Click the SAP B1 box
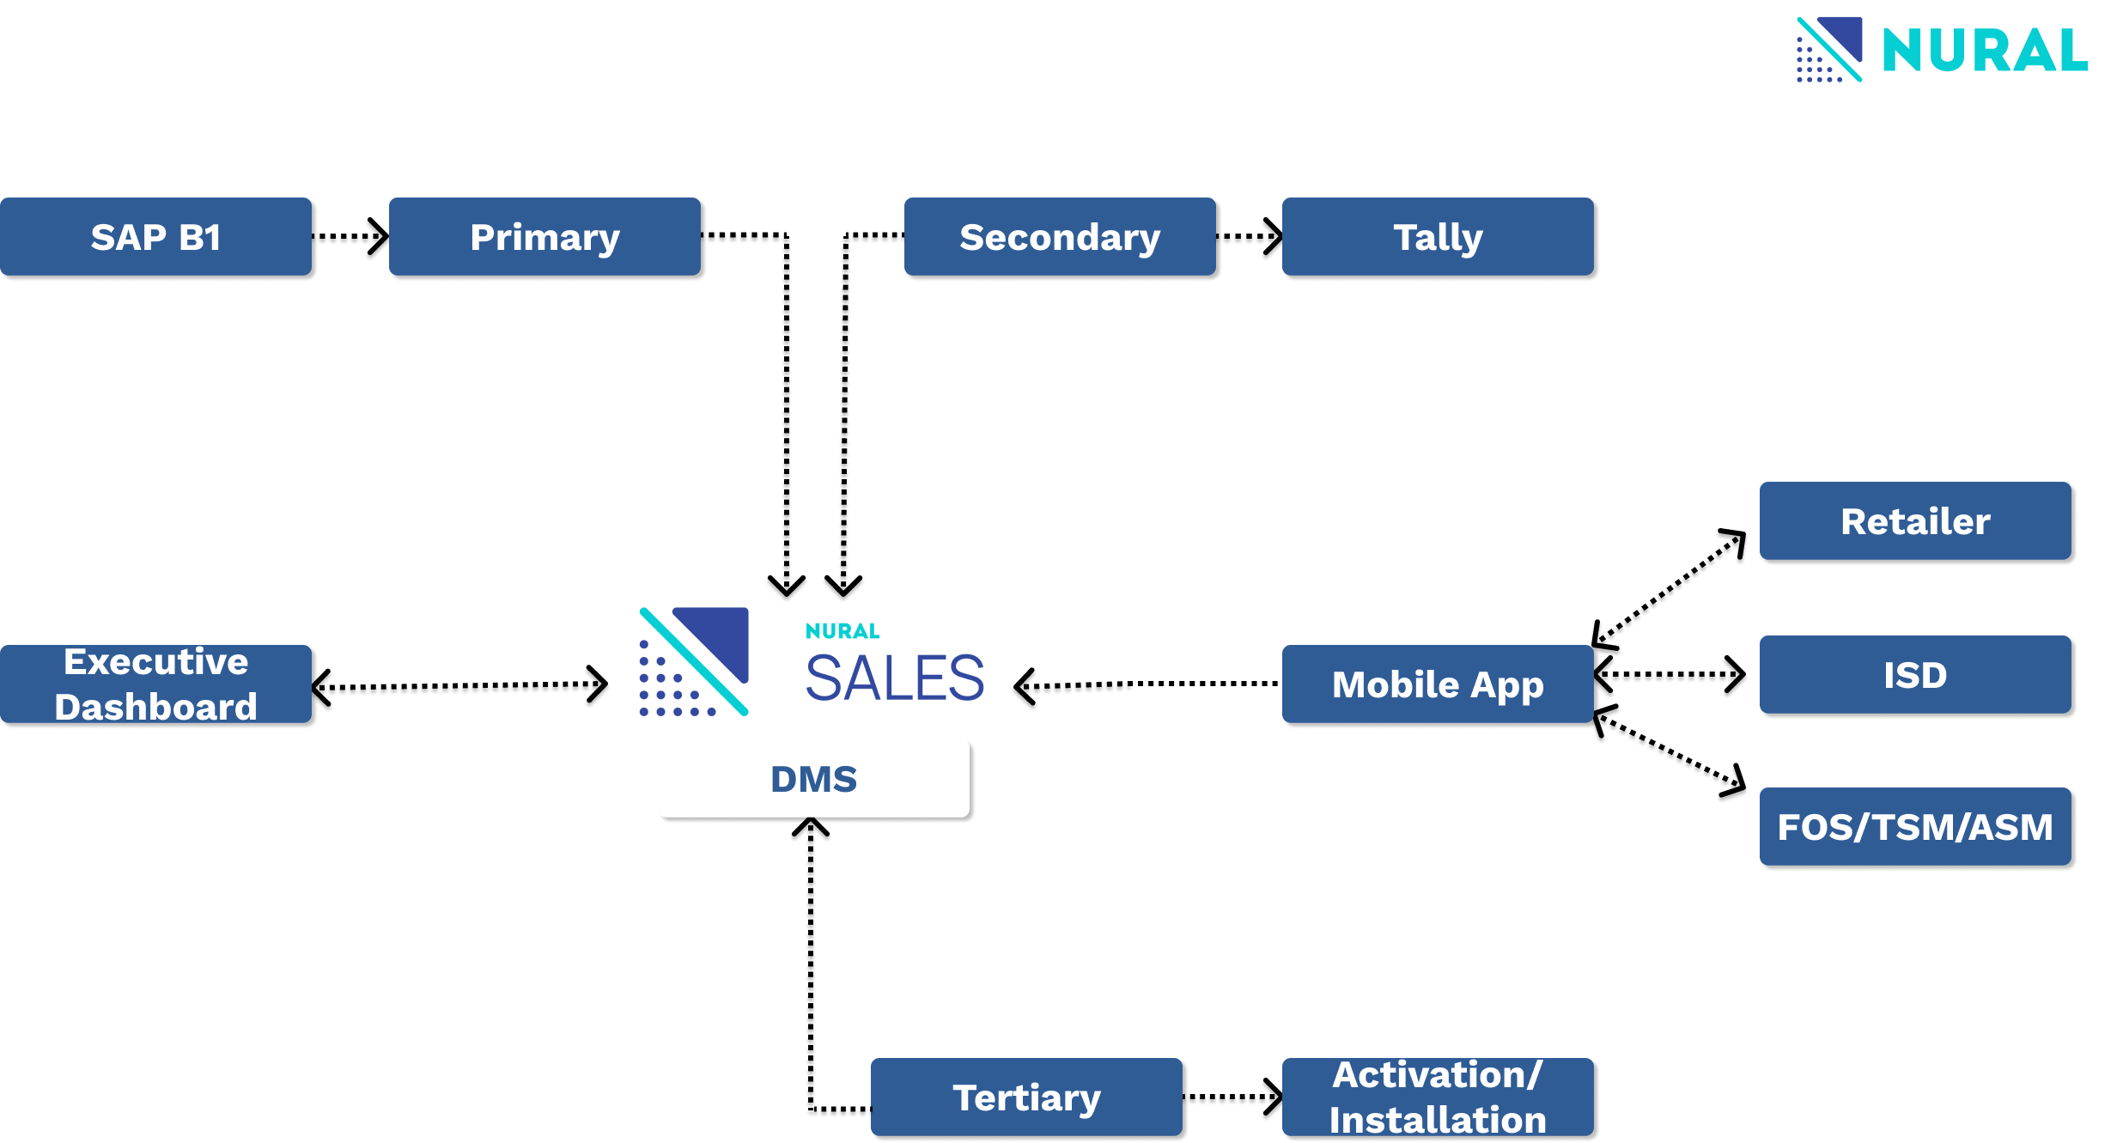tap(155, 237)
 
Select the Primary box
tap(544, 237)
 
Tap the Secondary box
tap(1060, 237)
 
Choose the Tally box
tap(1438, 237)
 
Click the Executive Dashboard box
tap(155, 684)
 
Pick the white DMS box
tap(813, 778)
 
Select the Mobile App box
tap(1438, 684)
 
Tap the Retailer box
tap(1915, 521)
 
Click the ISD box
tap(1915, 675)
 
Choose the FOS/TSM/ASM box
tap(1915, 827)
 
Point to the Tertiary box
tap(1026, 1097)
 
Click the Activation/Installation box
tap(1438, 1097)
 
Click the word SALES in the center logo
tap(894, 678)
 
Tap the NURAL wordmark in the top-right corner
tap(1985, 51)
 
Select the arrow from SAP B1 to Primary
tap(351, 238)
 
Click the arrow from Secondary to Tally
tap(1250, 238)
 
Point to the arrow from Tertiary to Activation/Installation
tap(1233, 1098)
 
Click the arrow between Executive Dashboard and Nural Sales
tap(464, 687)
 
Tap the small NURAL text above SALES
tap(843, 631)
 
